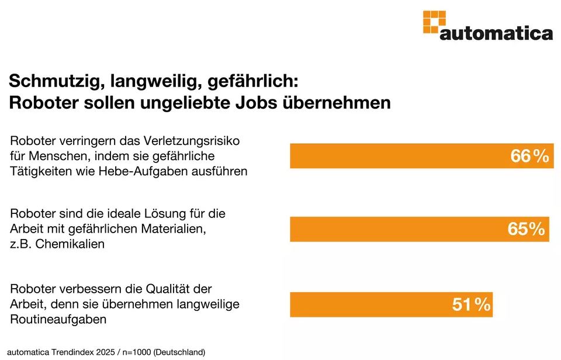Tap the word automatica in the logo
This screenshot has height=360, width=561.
(496, 33)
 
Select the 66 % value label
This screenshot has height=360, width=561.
(529, 156)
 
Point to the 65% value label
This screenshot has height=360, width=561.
(526, 229)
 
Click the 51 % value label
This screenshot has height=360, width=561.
(471, 304)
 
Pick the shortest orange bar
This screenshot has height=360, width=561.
(392, 304)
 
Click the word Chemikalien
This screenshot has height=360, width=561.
(70, 244)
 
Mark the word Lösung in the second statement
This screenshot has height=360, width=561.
(164, 213)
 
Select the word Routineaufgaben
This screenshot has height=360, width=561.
(58, 319)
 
